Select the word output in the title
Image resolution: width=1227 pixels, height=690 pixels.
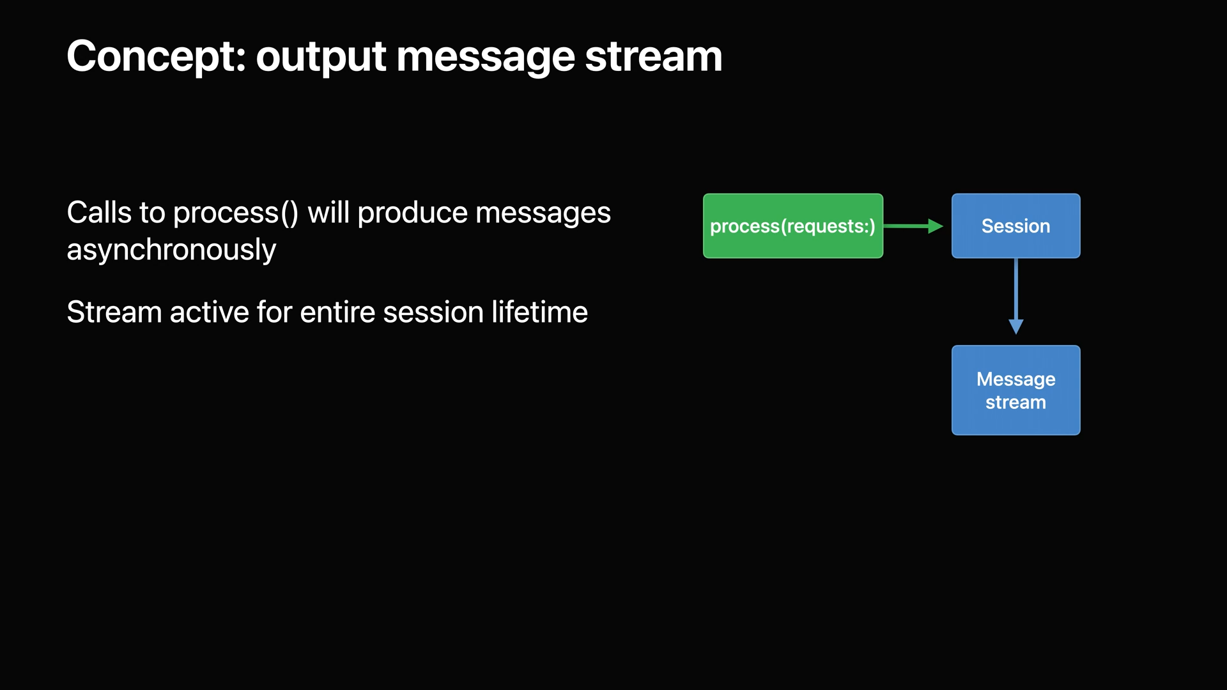click(321, 57)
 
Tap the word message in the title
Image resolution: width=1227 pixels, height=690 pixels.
click(485, 57)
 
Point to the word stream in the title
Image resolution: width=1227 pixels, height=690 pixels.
click(653, 57)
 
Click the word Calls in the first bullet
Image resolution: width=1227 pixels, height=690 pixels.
click(98, 213)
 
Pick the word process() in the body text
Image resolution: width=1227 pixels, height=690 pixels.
click(235, 214)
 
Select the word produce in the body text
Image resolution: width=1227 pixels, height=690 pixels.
click(412, 214)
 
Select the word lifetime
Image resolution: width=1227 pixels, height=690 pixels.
click(539, 312)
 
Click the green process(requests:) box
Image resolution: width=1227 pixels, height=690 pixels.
click(792, 226)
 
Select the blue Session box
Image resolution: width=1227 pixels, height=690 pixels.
click(1015, 226)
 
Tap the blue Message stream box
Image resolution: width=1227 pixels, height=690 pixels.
click(1015, 390)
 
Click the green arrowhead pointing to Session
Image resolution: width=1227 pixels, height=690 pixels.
click(936, 226)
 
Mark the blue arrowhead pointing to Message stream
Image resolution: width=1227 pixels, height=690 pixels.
click(1016, 327)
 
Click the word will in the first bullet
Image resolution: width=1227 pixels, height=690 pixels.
click(328, 213)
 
